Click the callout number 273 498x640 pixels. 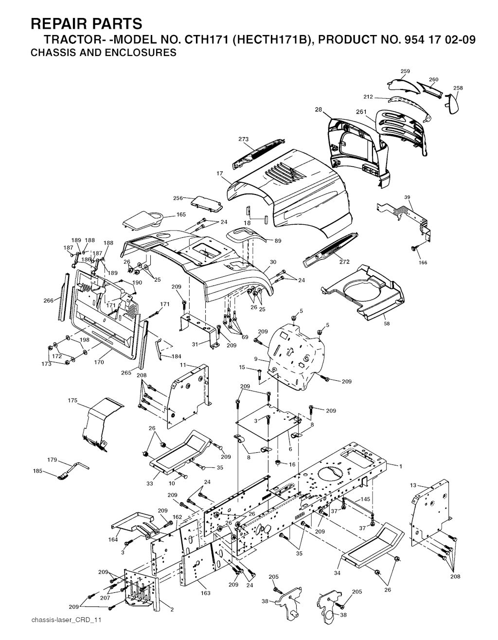[244, 140]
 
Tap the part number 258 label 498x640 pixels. [458, 88]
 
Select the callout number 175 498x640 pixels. [72, 400]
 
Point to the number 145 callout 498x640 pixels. [365, 499]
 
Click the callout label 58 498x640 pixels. [387, 323]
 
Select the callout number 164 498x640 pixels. [113, 539]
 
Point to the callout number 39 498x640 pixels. [408, 197]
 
